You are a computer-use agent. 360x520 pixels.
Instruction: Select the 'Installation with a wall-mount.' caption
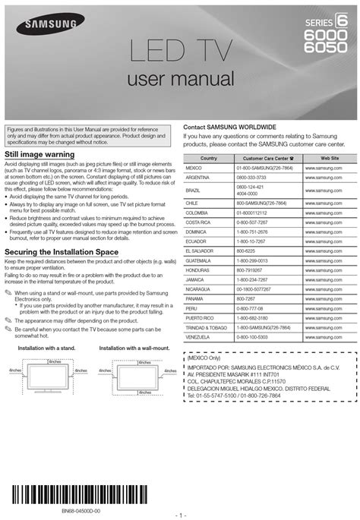134,348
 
